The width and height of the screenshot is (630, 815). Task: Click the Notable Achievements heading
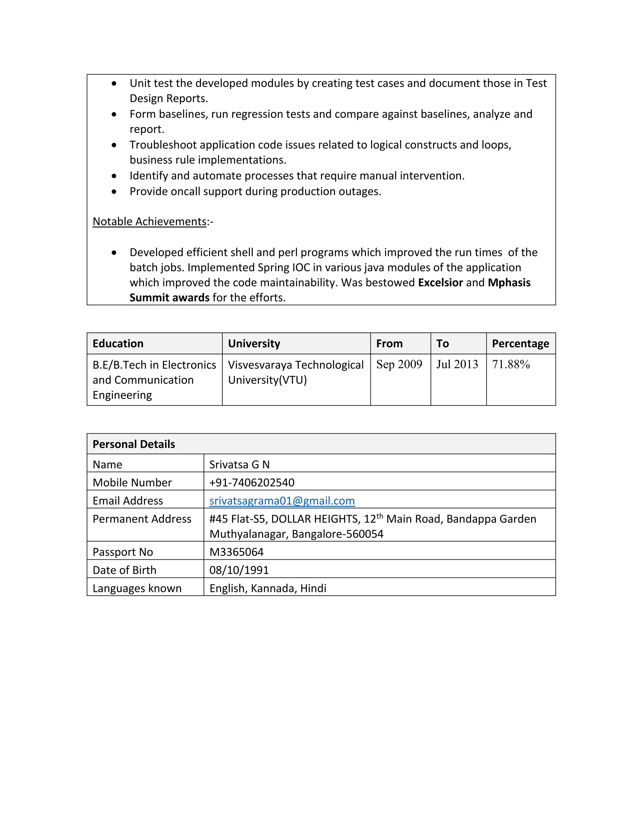pos(149,222)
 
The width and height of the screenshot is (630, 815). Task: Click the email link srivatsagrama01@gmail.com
pos(282,501)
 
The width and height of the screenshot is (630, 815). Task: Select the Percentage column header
pos(520,344)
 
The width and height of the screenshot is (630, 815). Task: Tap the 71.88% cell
pos(511,364)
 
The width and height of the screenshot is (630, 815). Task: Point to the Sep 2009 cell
pos(399,364)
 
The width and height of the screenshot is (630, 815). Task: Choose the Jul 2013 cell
pos(457,364)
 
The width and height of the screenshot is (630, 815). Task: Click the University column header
pos(254,344)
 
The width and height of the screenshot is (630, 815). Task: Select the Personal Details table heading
pos(134,444)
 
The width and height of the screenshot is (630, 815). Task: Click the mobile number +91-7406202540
pos(252,483)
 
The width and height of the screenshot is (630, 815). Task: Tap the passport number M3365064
pos(236,552)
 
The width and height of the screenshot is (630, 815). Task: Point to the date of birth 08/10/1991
pos(239,570)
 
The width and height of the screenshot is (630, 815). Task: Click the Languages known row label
pos(137,588)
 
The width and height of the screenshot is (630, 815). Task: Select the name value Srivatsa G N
pos(239,465)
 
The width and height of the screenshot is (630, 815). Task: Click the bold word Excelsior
pos(441,283)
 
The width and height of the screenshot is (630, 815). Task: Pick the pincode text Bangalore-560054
pos(337,534)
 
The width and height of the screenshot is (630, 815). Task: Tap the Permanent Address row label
pos(142,519)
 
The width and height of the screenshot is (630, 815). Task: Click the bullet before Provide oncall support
pos(114,192)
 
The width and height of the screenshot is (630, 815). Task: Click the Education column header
pos(118,344)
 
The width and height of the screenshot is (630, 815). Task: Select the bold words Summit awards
pos(169,298)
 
